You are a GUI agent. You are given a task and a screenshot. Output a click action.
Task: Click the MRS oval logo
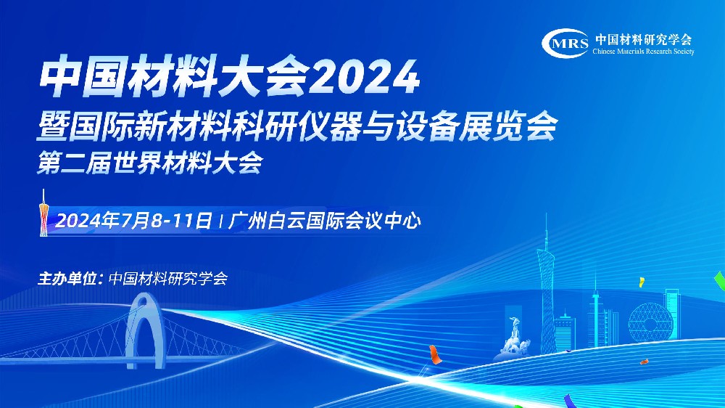[x=565, y=44]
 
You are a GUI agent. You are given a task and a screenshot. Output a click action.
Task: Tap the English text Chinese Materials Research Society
[x=643, y=52]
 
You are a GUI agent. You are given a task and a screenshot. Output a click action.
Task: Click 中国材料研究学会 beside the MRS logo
[x=643, y=39]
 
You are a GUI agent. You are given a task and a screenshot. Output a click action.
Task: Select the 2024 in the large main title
[x=365, y=78]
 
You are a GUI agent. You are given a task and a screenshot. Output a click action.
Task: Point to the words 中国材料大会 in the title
[x=174, y=78]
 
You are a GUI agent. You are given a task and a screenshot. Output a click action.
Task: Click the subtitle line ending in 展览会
[x=297, y=125]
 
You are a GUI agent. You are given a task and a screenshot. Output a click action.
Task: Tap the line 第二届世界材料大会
[x=150, y=163]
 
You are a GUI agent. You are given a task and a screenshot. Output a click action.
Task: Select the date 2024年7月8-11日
[x=133, y=221]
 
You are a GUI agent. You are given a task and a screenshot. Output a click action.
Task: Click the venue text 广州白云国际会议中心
[x=325, y=221]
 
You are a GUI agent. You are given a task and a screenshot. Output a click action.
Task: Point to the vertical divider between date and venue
[x=220, y=221]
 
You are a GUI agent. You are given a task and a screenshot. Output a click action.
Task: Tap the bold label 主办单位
[x=67, y=279]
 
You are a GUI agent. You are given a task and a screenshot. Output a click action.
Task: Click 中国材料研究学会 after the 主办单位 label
[x=168, y=278]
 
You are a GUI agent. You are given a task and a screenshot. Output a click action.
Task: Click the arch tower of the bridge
[x=145, y=330]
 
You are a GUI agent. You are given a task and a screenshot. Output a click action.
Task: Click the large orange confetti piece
[x=434, y=354]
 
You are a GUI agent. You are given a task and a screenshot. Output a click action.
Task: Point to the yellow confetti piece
[x=642, y=282]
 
